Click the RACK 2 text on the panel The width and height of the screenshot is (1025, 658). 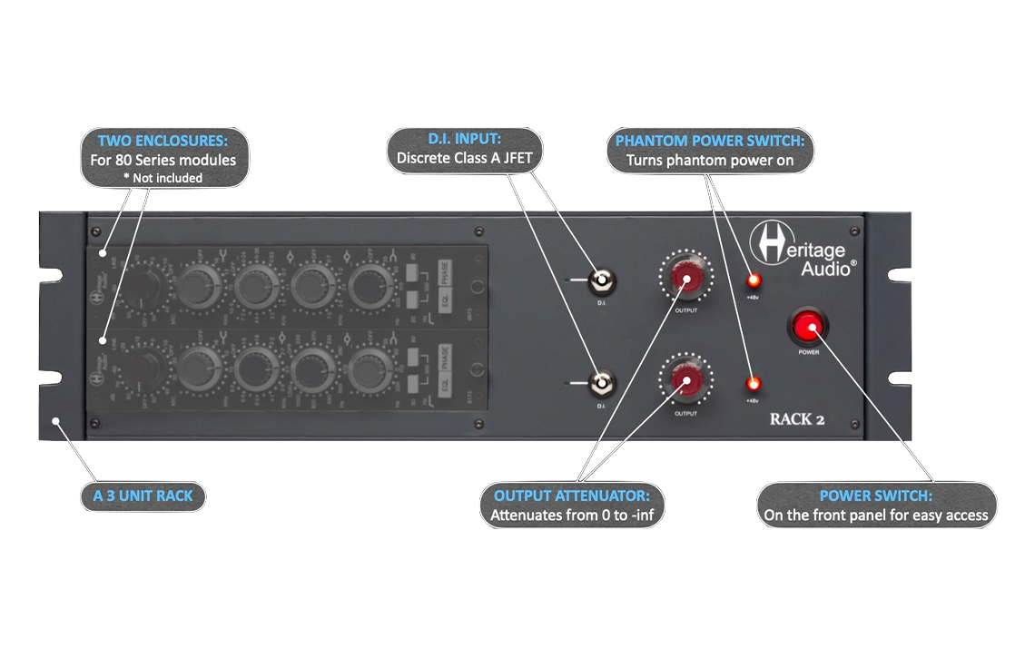pyautogui.click(x=796, y=419)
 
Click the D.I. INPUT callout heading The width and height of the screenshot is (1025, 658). pyautogui.click(x=463, y=139)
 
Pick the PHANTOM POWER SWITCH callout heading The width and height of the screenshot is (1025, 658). pyautogui.click(x=710, y=141)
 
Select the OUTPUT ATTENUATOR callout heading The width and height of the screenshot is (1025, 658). pyautogui.click(x=571, y=496)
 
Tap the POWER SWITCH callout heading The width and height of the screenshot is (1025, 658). pyautogui.click(x=875, y=496)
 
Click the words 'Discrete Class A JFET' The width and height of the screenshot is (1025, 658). pyautogui.click(x=464, y=157)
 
